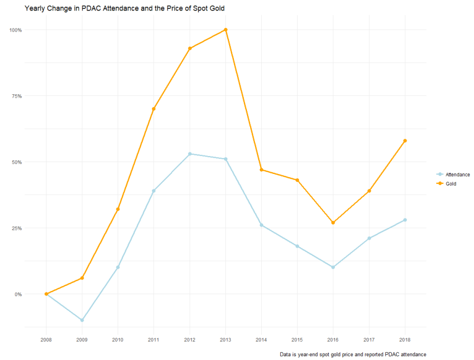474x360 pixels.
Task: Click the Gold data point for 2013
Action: (225, 30)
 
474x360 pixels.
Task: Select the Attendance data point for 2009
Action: (82, 320)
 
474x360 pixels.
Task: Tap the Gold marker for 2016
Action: (333, 222)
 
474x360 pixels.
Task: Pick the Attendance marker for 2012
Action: (190, 154)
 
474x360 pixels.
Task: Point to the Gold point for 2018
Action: (405, 141)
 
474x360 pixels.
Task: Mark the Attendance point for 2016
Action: (333, 267)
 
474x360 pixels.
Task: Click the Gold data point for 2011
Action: (154, 109)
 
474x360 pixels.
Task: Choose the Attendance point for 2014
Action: (261, 225)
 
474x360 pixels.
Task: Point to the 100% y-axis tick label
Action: (15, 30)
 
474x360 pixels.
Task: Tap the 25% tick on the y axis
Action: (16, 228)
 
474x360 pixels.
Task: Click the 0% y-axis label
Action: (18, 294)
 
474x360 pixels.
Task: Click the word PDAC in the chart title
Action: (92, 8)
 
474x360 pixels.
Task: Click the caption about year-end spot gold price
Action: (353, 354)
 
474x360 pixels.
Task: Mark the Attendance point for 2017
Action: (369, 238)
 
